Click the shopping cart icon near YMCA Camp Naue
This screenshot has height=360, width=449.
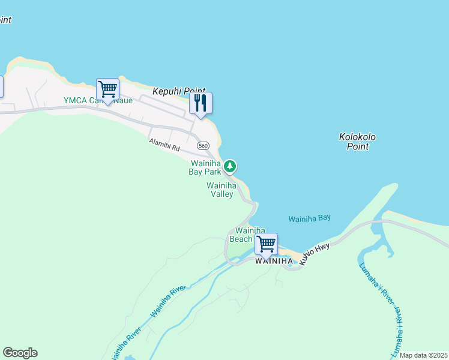107,89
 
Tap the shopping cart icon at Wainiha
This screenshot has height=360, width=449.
266,244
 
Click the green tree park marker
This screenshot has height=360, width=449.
230,166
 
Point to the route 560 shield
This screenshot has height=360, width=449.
203,146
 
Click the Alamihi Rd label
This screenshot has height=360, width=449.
164,145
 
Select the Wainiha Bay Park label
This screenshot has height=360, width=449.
206,167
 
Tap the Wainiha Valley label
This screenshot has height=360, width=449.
220,190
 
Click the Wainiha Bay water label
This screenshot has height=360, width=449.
310,219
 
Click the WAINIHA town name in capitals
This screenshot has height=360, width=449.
274,261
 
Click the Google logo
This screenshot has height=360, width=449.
20,353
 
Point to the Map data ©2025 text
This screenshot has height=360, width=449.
423,355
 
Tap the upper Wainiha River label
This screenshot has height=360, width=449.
169,301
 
